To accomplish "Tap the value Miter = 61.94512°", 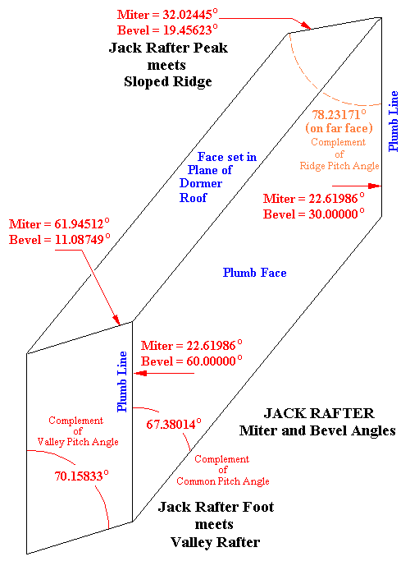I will coord(58,224).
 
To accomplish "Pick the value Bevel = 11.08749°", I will coord(58,240).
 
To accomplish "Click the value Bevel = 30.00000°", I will coord(313,214).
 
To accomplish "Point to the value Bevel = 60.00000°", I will coord(192,361).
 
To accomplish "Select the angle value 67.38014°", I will coord(174,425).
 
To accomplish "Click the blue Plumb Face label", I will coord(255,273).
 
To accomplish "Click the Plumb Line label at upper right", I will coord(394,121).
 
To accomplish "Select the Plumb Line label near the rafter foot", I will coord(122,382).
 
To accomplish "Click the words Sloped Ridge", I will coord(167,81).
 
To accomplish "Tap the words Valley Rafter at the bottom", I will coord(215,542).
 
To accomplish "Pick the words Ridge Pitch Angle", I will coord(344,166).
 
